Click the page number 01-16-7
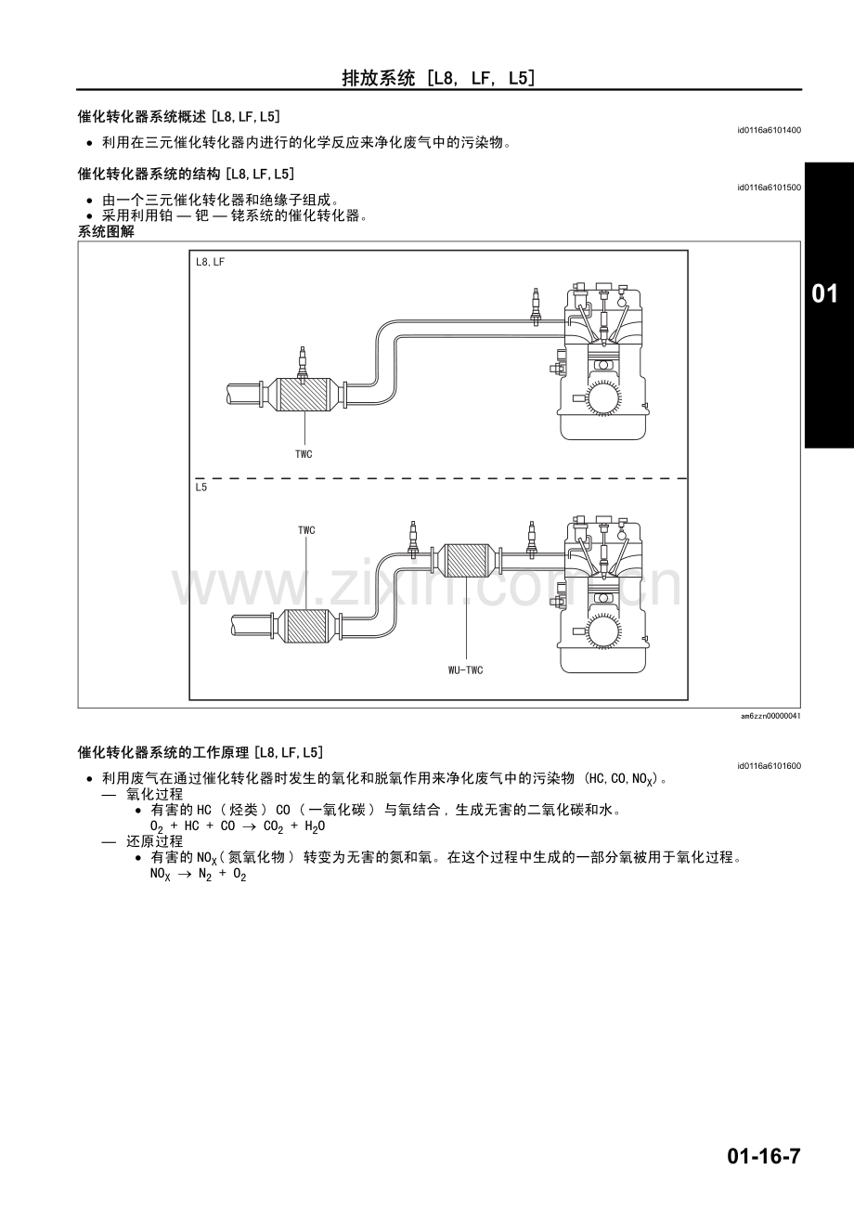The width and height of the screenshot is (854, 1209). click(763, 1157)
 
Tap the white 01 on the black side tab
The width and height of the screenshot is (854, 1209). click(825, 293)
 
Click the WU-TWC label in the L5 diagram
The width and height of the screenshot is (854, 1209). click(466, 670)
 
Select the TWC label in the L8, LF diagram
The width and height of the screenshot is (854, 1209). click(304, 454)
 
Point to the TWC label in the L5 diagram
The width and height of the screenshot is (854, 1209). click(306, 530)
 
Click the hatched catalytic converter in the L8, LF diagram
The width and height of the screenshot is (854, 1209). click(304, 394)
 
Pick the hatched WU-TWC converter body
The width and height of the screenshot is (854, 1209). click(466, 560)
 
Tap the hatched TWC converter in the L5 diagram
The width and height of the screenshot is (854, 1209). click(306, 626)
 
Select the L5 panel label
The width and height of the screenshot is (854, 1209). click(201, 487)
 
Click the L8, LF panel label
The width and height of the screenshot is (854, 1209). click(210, 262)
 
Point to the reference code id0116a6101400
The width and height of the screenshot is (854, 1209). click(769, 130)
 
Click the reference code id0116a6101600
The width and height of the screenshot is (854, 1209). click(769, 766)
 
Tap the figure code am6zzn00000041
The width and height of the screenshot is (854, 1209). click(770, 716)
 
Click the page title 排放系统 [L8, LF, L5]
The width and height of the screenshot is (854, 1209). click(438, 78)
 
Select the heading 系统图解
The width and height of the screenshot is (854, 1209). click(106, 232)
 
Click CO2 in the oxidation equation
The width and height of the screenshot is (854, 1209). click(274, 826)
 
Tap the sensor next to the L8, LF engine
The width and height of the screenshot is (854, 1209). click(536, 306)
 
